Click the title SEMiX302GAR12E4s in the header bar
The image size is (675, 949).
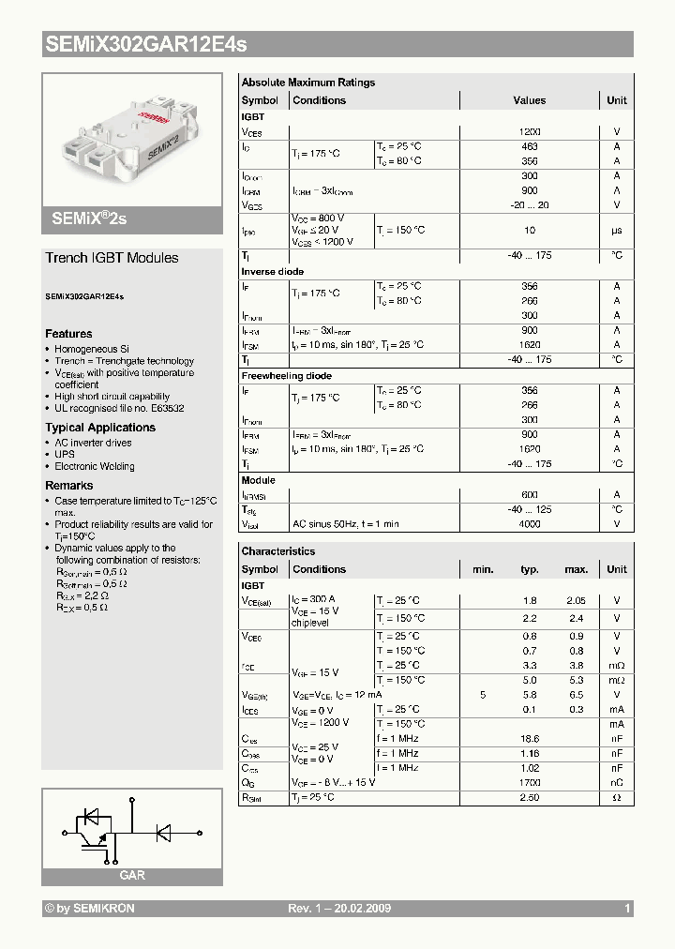pos(146,44)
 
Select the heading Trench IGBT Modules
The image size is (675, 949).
pos(112,258)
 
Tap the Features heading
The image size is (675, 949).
pos(68,334)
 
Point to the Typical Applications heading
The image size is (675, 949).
pos(100,428)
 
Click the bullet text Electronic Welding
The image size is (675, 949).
pos(95,466)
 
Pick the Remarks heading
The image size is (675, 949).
pos(69,486)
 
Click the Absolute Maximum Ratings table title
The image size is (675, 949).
pos(308,83)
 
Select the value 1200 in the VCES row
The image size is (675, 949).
pos(530,132)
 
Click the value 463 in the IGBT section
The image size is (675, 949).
pos(530,147)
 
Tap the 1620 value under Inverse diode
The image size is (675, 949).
pos(530,345)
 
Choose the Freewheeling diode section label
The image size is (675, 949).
pos(287,376)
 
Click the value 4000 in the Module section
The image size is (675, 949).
pos(530,524)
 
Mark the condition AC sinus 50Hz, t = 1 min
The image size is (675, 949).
pos(346,524)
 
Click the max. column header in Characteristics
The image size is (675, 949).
pos(576,569)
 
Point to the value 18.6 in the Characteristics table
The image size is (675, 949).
pos(530,739)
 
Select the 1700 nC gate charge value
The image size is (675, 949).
pos(530,782)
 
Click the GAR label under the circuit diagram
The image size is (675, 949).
pos(132,875)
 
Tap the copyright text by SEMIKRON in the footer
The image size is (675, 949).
pos(90,909)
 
